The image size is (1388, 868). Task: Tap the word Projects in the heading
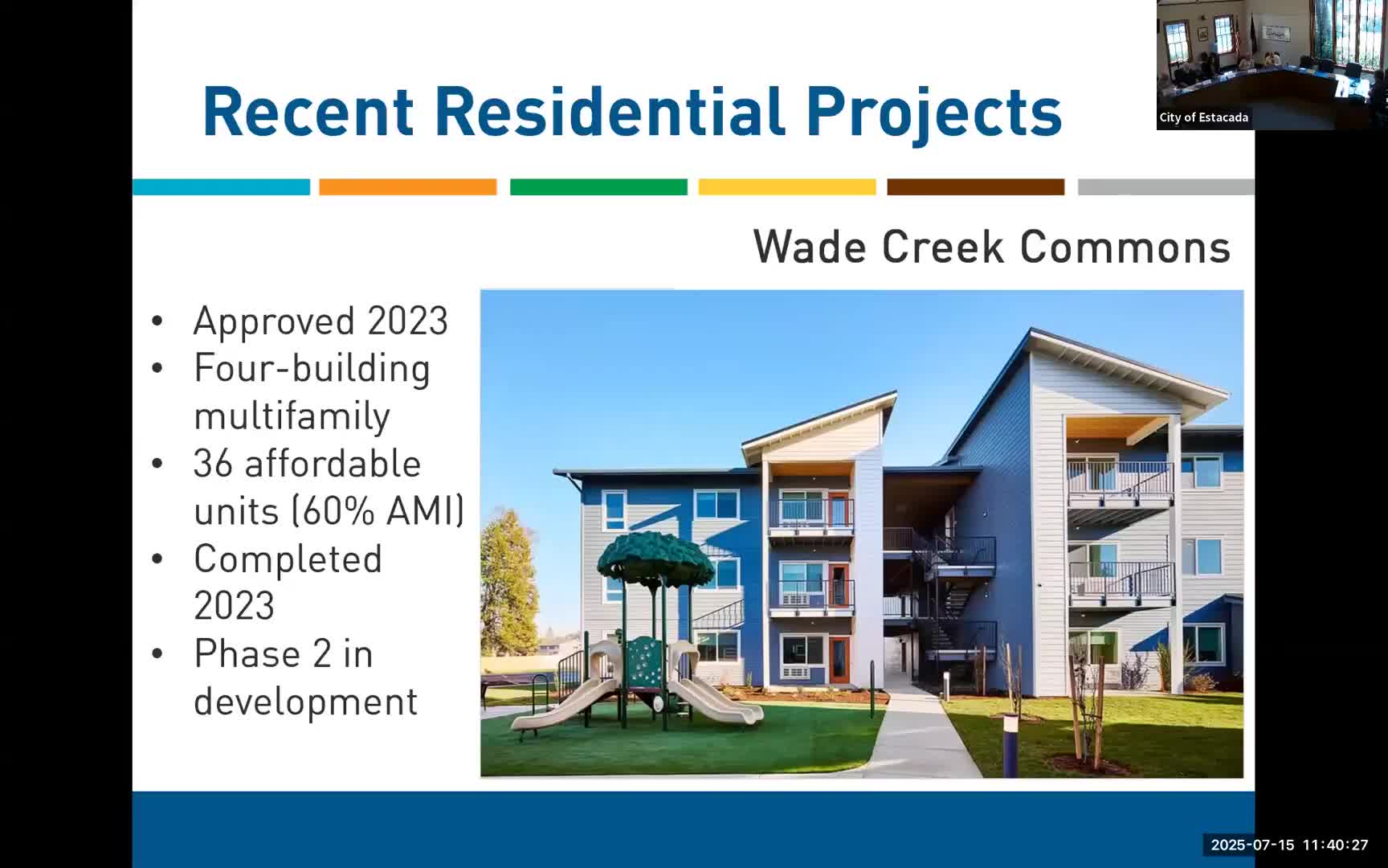click(933, 112)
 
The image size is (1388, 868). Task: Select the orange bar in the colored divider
click(407, 187)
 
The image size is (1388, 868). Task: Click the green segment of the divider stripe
click(598, 187)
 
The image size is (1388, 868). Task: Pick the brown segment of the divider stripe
click(975, 187)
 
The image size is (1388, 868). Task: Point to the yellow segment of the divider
click(786, 187)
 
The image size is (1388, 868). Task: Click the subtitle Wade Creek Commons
click(991, 247)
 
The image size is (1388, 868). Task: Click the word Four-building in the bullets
click(312, 369)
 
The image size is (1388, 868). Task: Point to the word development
click(305, 702)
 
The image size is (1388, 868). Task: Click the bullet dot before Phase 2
click(157, 654)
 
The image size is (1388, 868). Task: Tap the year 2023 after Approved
click(407, 321)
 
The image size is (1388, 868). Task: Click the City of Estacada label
click(1203, 117)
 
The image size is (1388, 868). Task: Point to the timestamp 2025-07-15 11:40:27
click(1288, 845)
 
